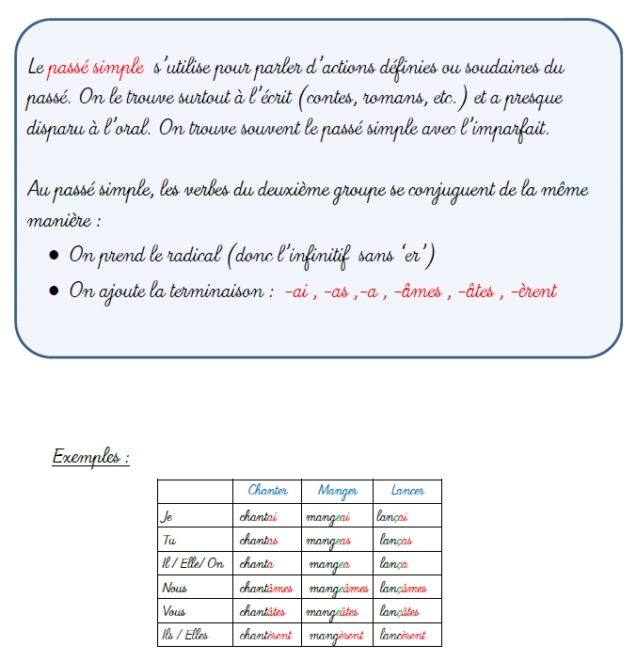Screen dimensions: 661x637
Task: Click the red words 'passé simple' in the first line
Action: pyautogui.click(x=96, y=67)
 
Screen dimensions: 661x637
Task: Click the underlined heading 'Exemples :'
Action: pyautogui.click(x=90, y=458)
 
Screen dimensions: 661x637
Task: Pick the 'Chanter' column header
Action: pyautogui.click(x=267, y=491)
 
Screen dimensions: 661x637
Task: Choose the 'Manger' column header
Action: pyautogui.click(x=338, y=491)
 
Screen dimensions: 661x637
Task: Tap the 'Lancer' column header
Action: pyautogui.click(x=407, y=491)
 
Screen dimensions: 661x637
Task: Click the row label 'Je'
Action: pyautogui.click(x=167, y=516)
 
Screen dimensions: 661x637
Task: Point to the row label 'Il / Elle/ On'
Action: pyautogui.click(x=193, y=563)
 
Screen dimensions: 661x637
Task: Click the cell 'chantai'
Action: pyautogui.click(x=259, y=516)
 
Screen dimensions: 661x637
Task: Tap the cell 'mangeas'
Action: pyautogui.click(x=328, y=541)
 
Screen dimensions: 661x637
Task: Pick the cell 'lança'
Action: pyautogui.click(x=392, y=564)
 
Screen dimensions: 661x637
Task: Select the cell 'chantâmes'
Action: pyautogui.click(x=266, y=588)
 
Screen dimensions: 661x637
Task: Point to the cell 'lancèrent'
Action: pyautogui.click(x=401, y=636)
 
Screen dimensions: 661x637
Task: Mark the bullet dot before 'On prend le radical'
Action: pyautogui.click(x=56, y=256)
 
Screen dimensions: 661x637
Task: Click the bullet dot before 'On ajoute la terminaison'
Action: pyautogui.click(x=56, y=291)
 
